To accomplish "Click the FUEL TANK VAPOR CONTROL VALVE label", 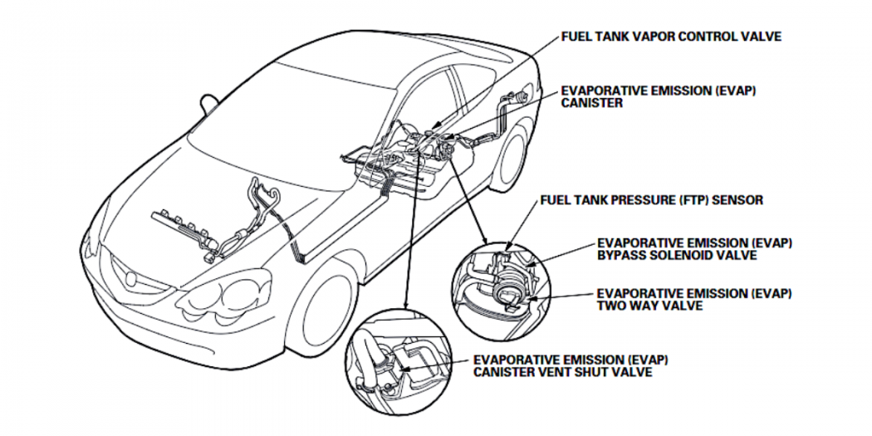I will click(671, 37).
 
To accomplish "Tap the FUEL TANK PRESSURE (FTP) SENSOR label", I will click(651, 200).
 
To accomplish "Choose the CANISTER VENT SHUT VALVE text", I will click(562, 372).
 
